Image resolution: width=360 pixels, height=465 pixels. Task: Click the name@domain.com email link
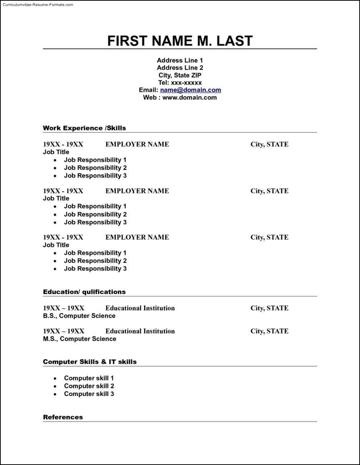point(190,90)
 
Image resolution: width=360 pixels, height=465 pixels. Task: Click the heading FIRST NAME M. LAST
point(180,41)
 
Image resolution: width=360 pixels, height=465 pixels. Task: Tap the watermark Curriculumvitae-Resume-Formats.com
point(38,5)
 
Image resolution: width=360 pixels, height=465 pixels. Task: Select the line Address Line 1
point(180,60)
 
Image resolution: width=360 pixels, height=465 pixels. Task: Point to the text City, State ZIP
point(180,75)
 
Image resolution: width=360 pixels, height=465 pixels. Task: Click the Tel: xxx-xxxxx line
point(180,83)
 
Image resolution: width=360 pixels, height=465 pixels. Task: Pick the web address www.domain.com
point(189,97)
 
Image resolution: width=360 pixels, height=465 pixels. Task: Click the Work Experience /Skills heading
point(84,128)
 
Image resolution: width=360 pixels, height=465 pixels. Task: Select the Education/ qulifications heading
point(84,292)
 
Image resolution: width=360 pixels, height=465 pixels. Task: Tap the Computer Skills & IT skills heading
point(90,362)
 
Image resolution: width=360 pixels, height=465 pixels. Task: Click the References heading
point(63,417)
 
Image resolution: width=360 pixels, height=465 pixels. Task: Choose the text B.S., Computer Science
point(79,316)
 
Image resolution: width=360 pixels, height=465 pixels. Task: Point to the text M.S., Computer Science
point(80,339)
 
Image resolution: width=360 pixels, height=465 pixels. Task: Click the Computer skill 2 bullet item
point(89,386)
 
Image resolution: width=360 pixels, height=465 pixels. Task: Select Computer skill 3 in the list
point(89,394)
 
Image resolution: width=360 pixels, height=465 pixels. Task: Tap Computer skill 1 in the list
point(89,378)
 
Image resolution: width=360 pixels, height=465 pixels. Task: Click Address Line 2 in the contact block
point(180,67)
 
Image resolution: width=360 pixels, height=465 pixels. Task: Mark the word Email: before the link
point(148,90)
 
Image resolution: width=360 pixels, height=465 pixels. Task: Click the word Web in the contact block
point(150,97)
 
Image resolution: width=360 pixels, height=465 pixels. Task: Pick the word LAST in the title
point(234,41)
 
